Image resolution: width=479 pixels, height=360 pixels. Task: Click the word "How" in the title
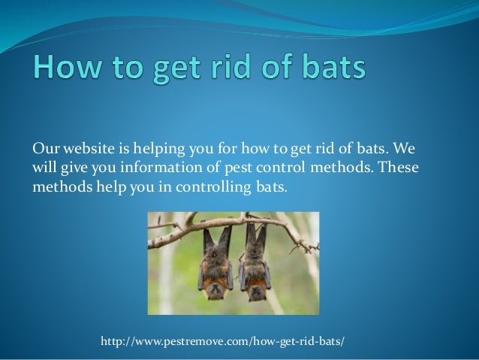[x=67, y=67]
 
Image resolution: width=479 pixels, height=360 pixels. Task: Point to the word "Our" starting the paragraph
[x=45, y=148]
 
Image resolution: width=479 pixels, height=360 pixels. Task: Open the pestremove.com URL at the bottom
[x=222, y=340]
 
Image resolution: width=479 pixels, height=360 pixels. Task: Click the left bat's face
[x=215, y=291]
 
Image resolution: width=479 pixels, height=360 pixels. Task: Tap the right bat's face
[x=255, y=293]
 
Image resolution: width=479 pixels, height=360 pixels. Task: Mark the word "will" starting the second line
[x=44, y=167]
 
